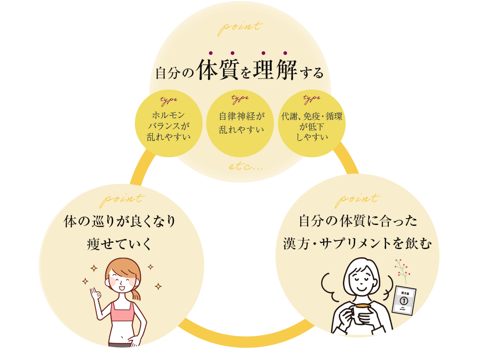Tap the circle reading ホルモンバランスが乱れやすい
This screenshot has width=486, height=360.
tap(168, 125)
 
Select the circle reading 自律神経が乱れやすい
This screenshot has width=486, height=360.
tap(241, 123)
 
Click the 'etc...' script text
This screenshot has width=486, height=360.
tap(246, 166)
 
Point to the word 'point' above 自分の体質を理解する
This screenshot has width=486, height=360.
tap(240, 26)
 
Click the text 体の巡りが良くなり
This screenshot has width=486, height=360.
tap(120, 222)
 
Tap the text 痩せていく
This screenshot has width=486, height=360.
tap(120, 245)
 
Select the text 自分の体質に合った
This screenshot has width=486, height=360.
tap(357, 221)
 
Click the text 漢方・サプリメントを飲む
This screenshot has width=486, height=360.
tap(357, 244)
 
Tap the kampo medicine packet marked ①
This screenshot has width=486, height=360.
tap(404, 300)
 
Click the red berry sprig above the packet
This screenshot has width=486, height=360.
tap(402, 270)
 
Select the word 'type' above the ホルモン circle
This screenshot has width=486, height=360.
tap(169, 100)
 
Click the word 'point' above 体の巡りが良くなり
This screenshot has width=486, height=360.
tap(122, 198)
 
